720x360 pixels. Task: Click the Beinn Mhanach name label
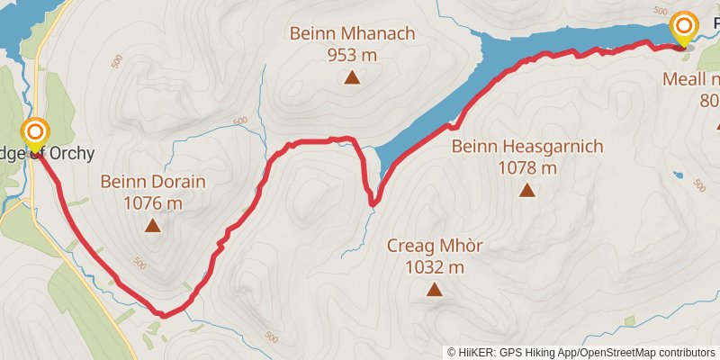[352, 34]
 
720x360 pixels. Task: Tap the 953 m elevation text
[352, 54]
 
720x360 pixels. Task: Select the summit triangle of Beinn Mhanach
[352, 77]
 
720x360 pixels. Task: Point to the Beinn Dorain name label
[153, 182]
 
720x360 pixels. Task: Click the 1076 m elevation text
[153, 202]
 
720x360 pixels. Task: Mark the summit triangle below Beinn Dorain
[153, 226]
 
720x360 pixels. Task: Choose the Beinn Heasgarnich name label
[526, 146]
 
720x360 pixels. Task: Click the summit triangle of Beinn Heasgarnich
[526, 190]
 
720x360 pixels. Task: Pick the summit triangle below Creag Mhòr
[435, 289]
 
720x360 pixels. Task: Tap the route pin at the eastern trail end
[684, 28]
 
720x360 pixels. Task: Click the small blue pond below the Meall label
[678, 175]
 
